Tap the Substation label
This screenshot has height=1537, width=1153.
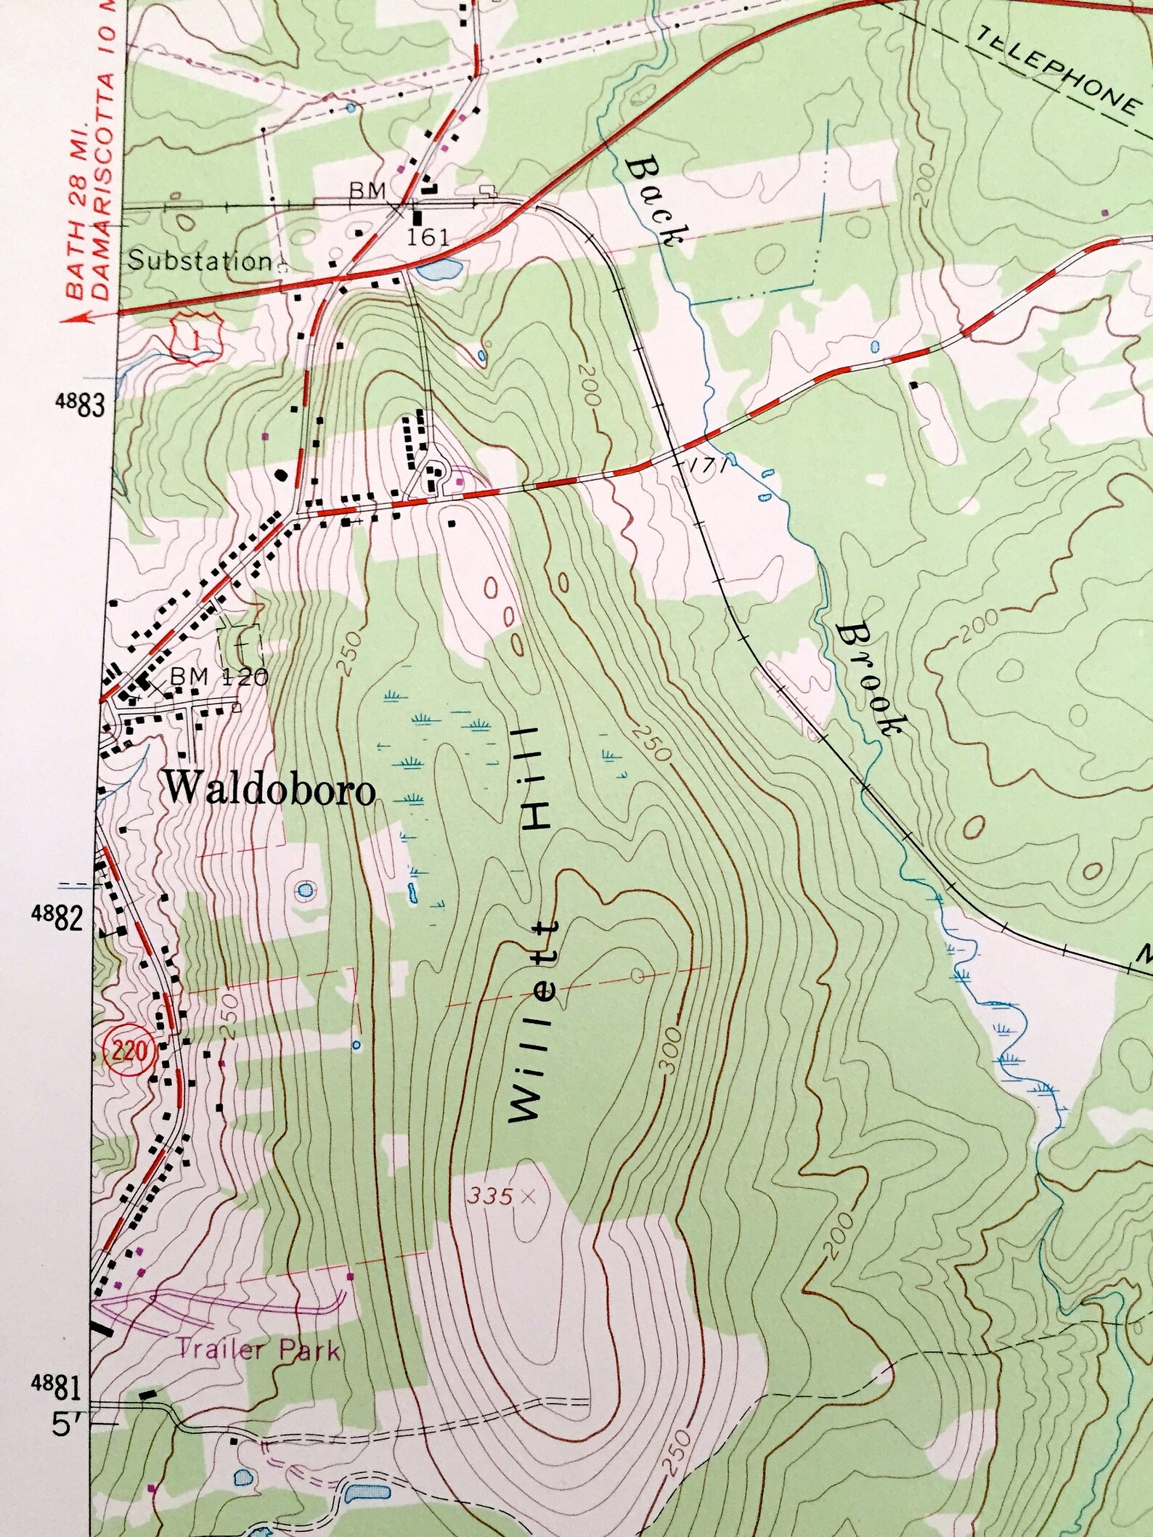click(x=200, y=262)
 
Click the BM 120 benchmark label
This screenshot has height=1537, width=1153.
click(x=219, y=677)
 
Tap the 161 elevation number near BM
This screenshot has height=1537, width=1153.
click(x=429, y=237)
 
